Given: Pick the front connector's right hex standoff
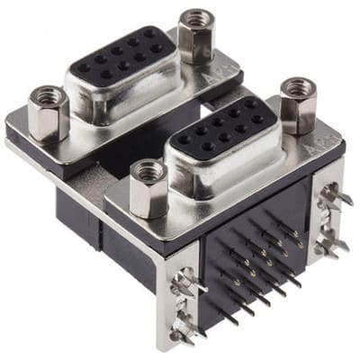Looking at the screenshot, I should (298, 105).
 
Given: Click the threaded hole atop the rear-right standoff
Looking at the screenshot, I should (195, 16).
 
